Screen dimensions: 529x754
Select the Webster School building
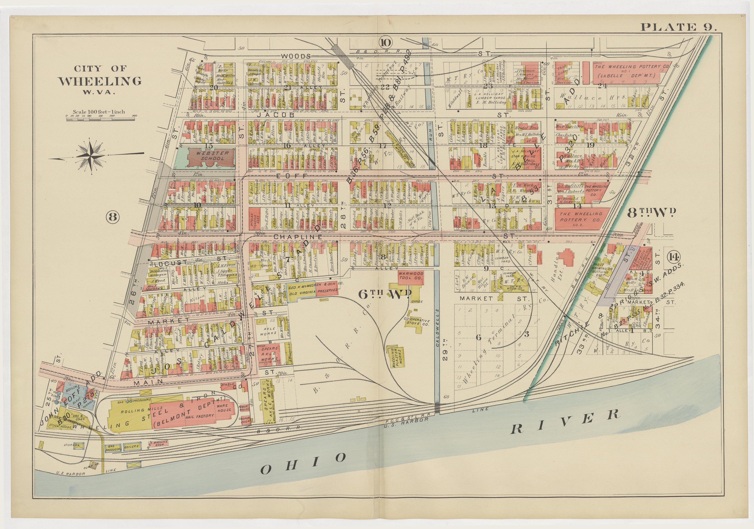pyautogui.click(x=211, y=156)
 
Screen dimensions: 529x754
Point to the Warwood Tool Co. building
pyautogui.click(x=411, y=276)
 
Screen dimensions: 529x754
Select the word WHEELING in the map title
pyautogui.click(x=100, y=81)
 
